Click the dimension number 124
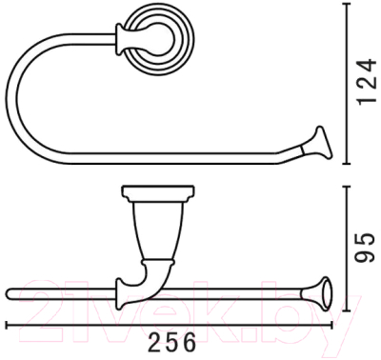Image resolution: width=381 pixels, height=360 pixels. click(x=367, y=82)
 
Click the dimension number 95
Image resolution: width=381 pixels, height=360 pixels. click(x=366, y=248)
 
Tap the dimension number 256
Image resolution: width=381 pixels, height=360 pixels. click(x=171, y=343)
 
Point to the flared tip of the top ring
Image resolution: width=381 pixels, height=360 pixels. click(x=323, y=143)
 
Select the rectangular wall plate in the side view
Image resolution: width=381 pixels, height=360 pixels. click(x=158, y=192)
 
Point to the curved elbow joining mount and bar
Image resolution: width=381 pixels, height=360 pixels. click(x=152, y=279)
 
